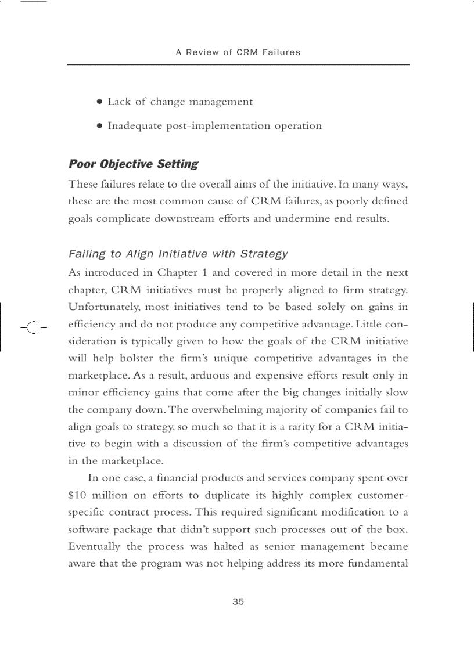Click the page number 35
[x=238, y=602]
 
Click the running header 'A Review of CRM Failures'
[x=238, y=52]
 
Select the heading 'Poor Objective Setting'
[x=133, y=164]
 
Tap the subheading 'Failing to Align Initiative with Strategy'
[x=178, y=254]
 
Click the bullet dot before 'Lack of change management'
[x=100, y=102]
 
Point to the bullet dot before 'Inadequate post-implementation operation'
[x=100, y=126]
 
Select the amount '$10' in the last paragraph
[x=78, y=496]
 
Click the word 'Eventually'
[x=95, y=547]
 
